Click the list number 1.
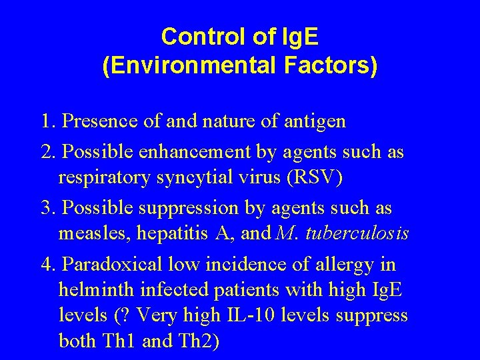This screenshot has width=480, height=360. [47, 122]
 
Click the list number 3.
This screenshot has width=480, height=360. [47, 208]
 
